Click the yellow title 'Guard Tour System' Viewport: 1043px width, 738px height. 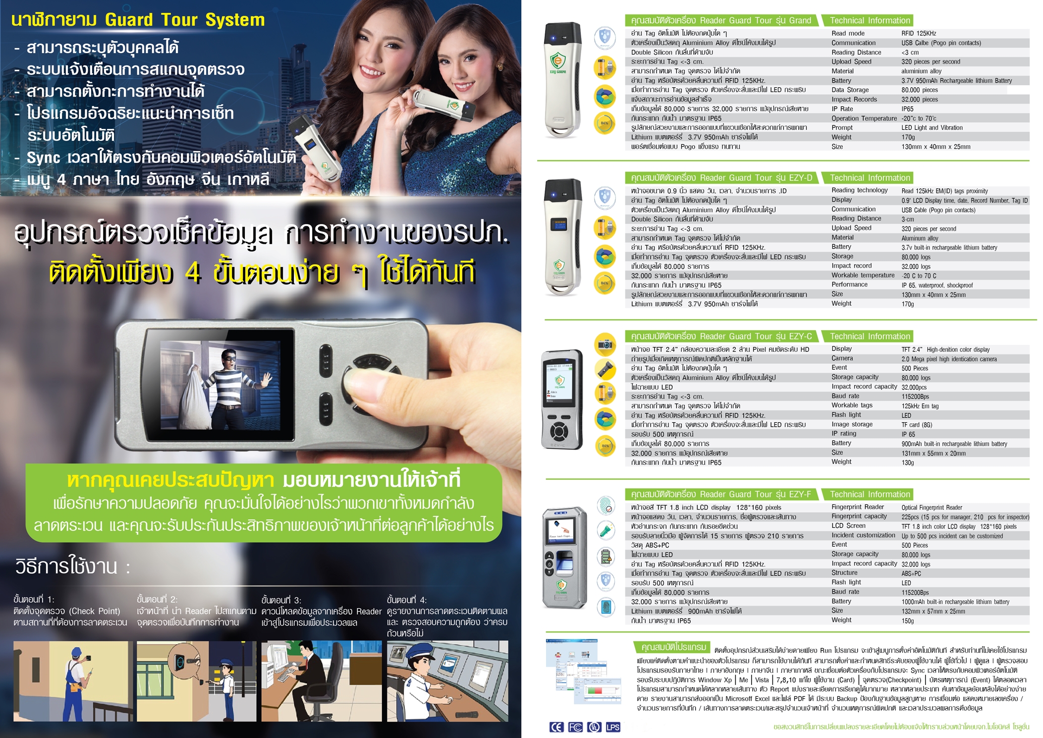click(185, 20)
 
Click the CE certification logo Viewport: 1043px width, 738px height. click(556, 727)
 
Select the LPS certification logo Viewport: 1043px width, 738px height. click(613, 727)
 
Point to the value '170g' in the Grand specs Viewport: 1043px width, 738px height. click(908, 137)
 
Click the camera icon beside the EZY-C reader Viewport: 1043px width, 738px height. click(605, 344)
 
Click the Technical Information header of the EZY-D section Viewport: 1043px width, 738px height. click(870, 177)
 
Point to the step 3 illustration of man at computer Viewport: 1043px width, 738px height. click(322, 681)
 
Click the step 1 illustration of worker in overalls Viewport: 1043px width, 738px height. click(73, 681)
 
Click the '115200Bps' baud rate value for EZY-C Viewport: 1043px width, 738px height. click(915, 397)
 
